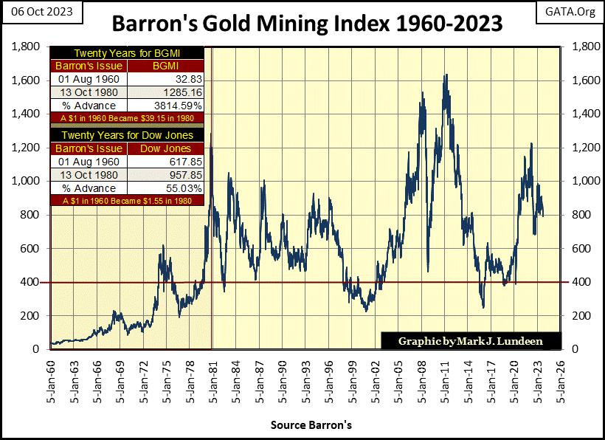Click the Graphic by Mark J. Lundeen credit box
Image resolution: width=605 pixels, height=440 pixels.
coord(471,342)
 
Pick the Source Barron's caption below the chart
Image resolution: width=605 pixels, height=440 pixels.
coord(311,425)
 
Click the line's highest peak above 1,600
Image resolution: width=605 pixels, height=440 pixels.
coord(446,75)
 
